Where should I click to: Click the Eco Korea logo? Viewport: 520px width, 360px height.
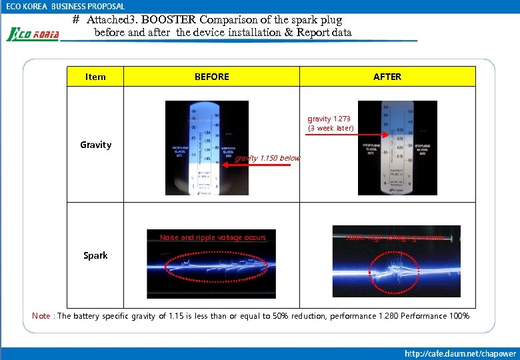tap(33, 33)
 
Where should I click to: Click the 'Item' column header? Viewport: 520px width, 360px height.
tap(95, 77)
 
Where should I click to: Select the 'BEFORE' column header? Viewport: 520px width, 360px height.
tap(211, 77)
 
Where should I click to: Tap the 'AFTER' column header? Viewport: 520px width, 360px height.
tap(387, 77)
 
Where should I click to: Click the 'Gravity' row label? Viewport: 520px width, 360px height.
tap(95, 145)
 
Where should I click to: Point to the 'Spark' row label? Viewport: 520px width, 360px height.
tap(95, 255)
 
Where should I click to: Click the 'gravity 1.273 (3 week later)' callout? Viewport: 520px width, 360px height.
tap(331, 123)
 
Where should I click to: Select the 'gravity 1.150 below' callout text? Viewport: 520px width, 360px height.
tap(267, 159)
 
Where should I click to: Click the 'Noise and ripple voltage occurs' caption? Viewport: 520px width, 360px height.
tap(213, 237)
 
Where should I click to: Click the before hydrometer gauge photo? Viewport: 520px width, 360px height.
tap(207, 147)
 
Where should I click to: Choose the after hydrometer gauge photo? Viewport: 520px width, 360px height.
tap(397, 147)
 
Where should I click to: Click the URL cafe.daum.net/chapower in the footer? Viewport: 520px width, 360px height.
tap(461, 352)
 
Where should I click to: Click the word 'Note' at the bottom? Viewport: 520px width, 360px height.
tap(41, 315)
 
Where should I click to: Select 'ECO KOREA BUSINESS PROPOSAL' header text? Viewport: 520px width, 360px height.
tap(65, 6)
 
